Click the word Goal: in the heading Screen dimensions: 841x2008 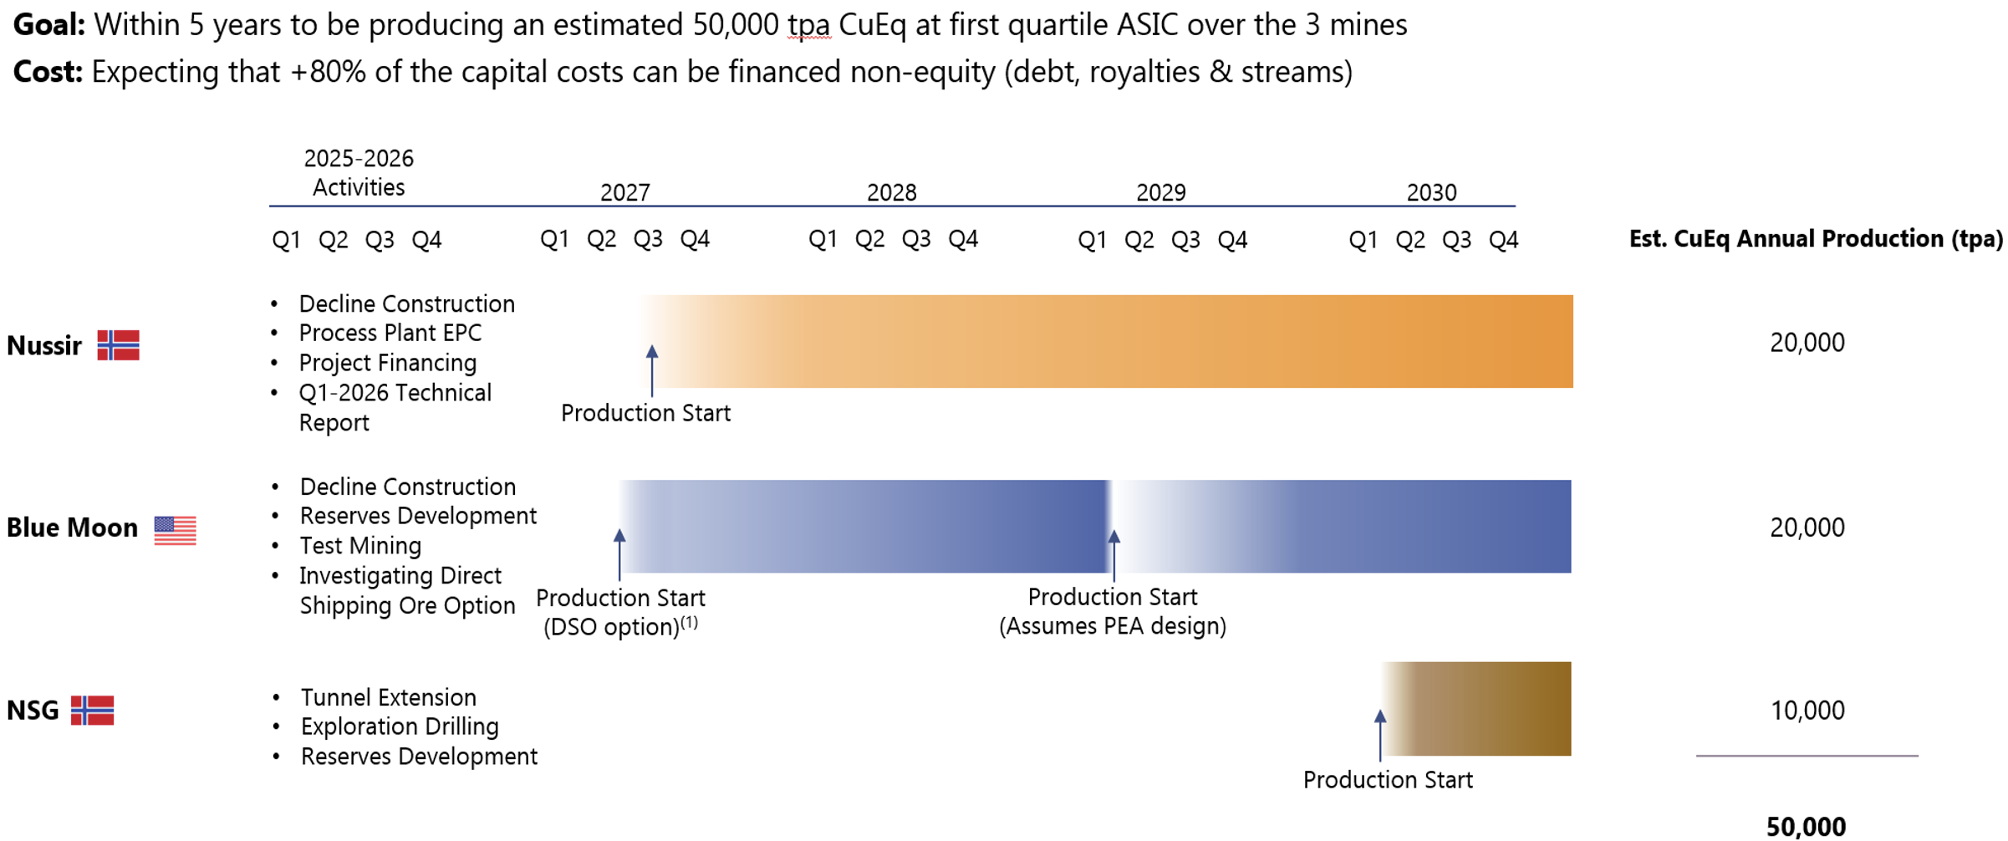tap(48, 25)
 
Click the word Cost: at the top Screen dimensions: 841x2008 tap(48, 72)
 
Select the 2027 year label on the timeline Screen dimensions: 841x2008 tap(624, 193)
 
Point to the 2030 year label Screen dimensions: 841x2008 tap(1431, 193)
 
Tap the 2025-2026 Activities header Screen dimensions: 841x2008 tap(359, 172)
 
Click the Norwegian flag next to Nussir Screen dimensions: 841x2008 tap(118, 345)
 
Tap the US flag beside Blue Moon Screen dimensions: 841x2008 tap(175, 530)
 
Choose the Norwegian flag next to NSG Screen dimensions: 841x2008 tap(92, 711)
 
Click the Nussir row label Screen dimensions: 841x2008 tap(44, 345)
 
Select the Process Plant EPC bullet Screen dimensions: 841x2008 tap(390, 333)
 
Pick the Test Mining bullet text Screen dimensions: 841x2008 tap(360, 546)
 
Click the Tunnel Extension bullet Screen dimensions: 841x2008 tap(388, 697)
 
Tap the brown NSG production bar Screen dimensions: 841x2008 tap(1480, 709)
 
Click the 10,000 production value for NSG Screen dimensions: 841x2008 tap(1807, 711)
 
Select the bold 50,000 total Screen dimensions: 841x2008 tap(1806, 827)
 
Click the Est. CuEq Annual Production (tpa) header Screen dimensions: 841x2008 tap(1816, 239)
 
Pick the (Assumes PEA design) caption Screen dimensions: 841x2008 tap(1113, 626)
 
